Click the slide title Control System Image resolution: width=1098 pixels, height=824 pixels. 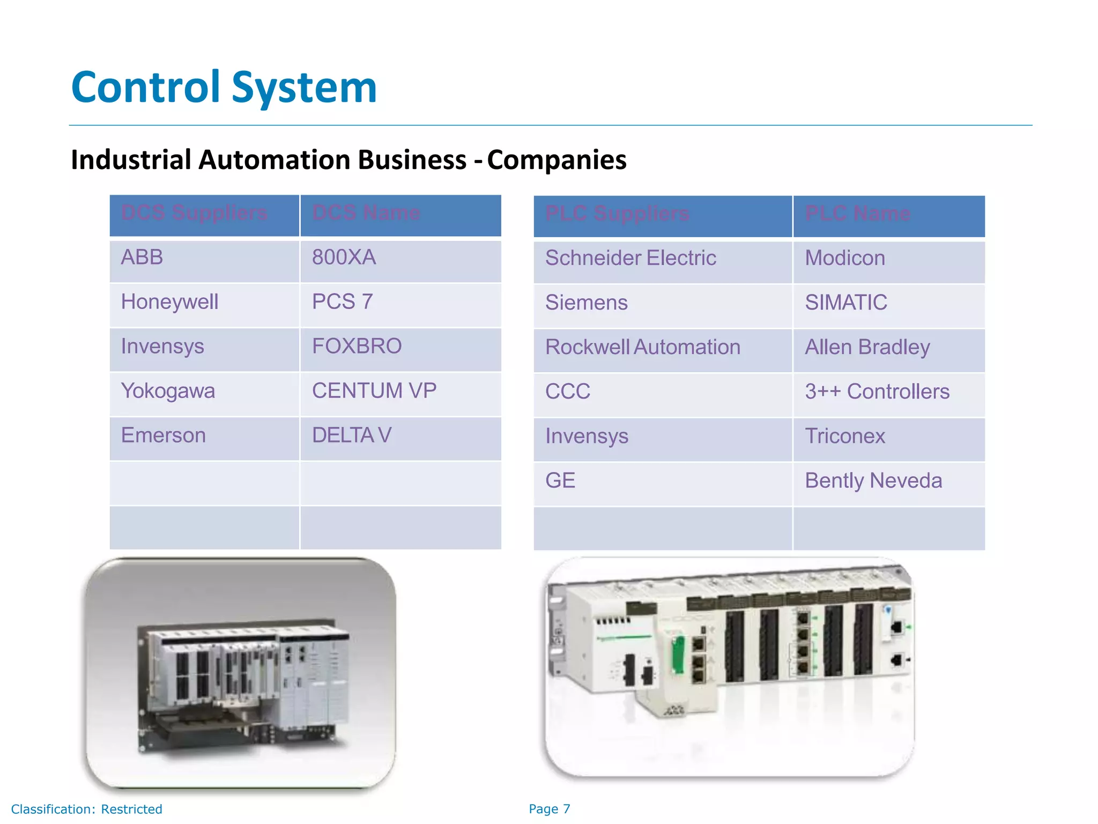point(224,87)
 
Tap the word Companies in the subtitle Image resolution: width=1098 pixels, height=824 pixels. point(557,160)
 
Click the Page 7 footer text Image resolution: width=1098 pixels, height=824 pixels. point(550,809)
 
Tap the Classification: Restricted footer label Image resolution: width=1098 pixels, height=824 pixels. point(86,810)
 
